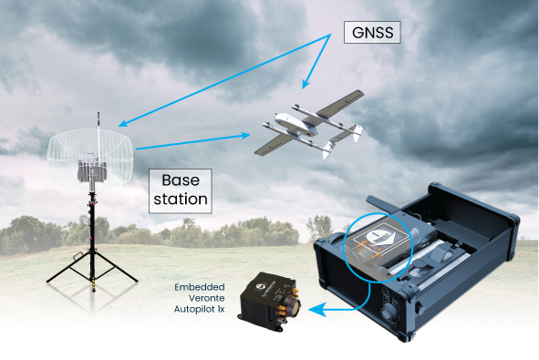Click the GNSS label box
tap(374, 34)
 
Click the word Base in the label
tap(180, 180)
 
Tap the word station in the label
tap(180, 197)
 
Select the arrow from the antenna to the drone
tap(192, 141)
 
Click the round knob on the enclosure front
tap(390, 308)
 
